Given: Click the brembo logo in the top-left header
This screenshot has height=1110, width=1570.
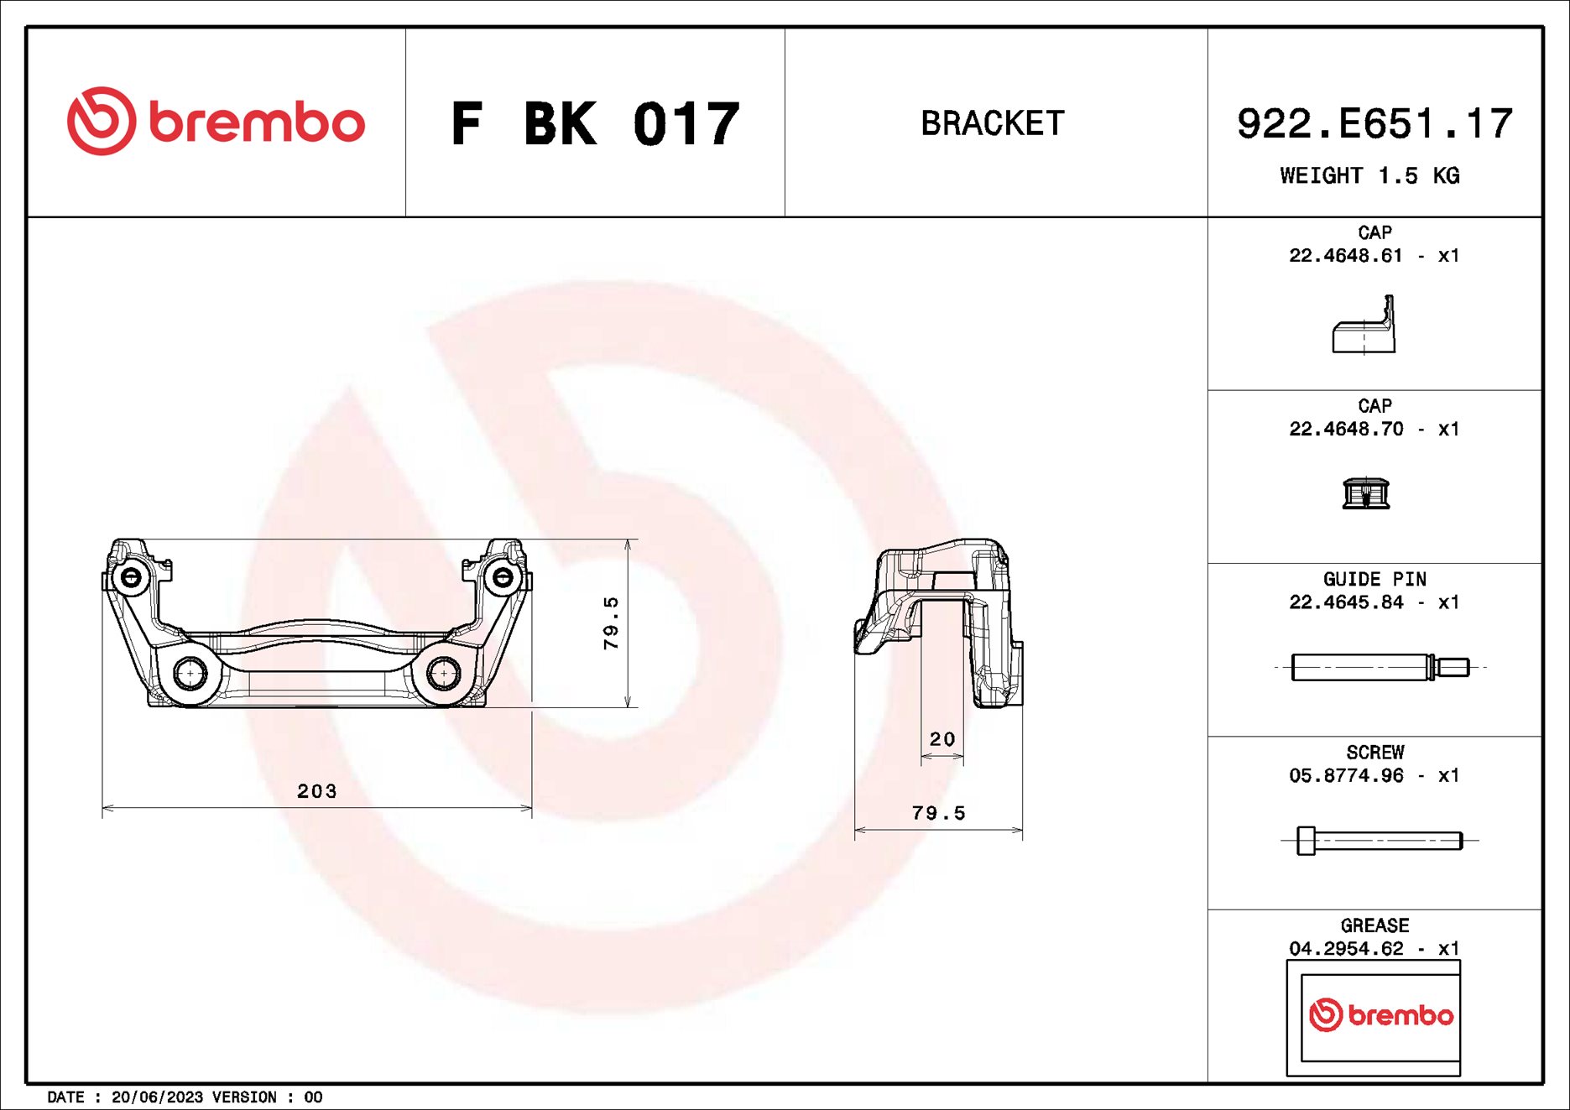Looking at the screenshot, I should [216, 122].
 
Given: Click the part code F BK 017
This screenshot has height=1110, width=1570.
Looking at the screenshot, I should [595, 124].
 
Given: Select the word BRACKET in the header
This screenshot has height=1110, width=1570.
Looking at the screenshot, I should [993, 123].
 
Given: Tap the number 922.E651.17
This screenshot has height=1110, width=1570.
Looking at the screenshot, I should [1374, 124].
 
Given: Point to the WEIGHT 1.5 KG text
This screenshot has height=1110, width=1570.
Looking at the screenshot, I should [1369, 175].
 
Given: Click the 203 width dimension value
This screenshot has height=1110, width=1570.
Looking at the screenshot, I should [316, 791].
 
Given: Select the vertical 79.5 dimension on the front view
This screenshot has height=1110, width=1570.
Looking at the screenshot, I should [611, 623].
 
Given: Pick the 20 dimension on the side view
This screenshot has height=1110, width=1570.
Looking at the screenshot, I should [941, 739].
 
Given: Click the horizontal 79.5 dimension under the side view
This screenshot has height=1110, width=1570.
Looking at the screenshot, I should [938, 813].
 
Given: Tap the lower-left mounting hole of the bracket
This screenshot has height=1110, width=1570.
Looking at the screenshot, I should [190, 673].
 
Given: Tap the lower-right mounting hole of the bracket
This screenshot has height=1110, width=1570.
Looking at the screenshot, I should [443, 672].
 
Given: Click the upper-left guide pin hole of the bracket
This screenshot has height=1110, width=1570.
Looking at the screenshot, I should [132, 577].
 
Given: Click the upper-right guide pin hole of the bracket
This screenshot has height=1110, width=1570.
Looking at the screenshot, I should [502, 577].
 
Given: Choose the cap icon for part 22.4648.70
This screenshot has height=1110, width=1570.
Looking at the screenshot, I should [1365, 493].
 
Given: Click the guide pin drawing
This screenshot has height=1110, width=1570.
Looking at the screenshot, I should [1379, 667].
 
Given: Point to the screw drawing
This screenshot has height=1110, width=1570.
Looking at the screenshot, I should [1379, 840].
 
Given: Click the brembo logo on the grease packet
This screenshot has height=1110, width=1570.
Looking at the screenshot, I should [1380, 1015].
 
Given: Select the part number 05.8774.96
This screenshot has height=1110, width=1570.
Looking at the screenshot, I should [1345, 775].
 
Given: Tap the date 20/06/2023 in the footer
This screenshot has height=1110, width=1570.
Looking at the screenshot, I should [157, 1097].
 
